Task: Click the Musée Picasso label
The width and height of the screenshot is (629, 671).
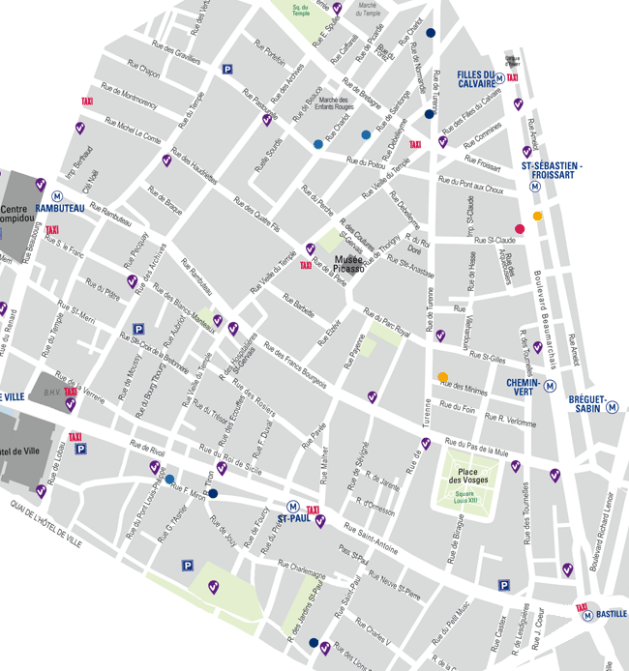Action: pos(350,264)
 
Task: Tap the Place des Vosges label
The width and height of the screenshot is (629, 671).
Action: pos(465,474)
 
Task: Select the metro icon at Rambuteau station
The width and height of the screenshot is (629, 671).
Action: pos(57,195)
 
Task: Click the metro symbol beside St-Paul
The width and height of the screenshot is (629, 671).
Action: pos(292,506)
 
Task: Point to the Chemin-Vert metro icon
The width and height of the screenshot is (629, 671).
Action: pos(550,385)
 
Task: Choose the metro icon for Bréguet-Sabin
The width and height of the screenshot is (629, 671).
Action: pos(613,407)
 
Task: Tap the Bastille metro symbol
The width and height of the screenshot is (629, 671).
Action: pos(586,614)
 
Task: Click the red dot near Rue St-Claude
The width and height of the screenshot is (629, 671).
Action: pos(520,229)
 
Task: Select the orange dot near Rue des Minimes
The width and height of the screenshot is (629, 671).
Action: pos(443,377)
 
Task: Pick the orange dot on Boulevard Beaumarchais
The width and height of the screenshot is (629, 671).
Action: pos(538,216)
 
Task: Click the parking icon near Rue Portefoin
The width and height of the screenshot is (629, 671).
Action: pos(227,69)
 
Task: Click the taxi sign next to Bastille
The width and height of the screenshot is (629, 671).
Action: pos(582,606)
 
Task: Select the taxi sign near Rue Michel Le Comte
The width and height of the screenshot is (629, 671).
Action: pos(87,102)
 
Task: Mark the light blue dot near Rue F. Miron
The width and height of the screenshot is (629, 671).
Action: pos(170,480)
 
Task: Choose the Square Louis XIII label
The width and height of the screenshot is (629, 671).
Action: pos(465,499)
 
